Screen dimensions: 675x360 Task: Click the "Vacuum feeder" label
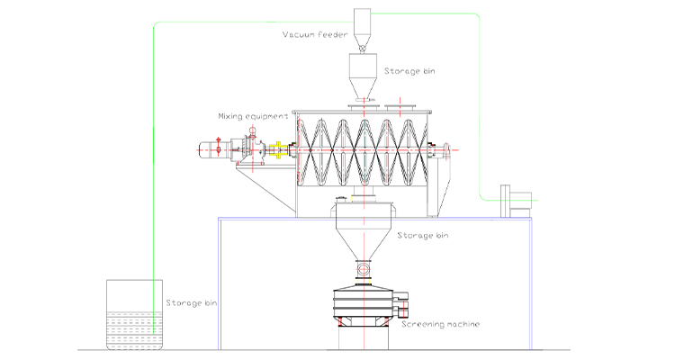pyautogui.click(x=315, y=34)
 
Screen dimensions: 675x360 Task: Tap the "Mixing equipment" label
pyautogui.click(x=253, y=116)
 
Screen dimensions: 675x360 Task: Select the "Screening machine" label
pyautogui.click(x=440, y=324)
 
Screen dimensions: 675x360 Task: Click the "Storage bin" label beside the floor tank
pyautogui.click(x=192, y=303)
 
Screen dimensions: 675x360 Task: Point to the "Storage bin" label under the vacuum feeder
pyautogui.click(x=409, y=71)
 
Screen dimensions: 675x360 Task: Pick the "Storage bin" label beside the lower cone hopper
pyautogui.click(x=423, y=236)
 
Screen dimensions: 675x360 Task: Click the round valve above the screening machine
pyautogui.click(x=364, y=270)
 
